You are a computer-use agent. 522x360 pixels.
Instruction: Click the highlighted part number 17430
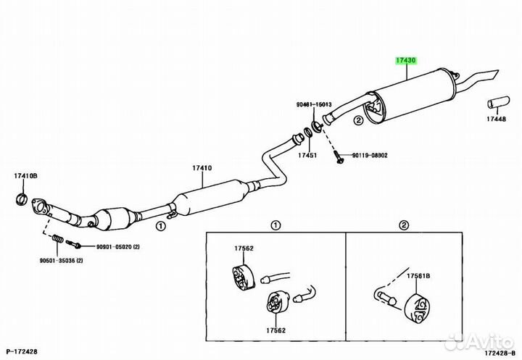tap(406, 61)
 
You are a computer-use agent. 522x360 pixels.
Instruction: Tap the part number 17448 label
tap(496, 119)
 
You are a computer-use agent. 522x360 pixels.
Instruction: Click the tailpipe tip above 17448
tap(498, 102)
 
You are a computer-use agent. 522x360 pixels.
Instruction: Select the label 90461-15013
tap(314, 104)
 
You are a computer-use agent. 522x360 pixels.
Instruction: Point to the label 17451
tap(307, 155)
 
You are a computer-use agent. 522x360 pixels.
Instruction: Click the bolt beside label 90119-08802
tap(338, 156)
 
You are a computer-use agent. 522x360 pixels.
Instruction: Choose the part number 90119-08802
tap(370, 155)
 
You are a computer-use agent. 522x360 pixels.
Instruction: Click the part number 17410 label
tap(202, 168)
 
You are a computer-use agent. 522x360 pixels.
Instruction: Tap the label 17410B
tap(25, 176)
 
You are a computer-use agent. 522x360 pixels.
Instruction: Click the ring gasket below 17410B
tap(21, 199)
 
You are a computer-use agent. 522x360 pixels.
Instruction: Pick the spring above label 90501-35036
tap(58, 239)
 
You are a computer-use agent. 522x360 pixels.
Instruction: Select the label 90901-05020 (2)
tap(118, 247)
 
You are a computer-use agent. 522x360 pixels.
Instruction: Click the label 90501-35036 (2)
tap(61, 261)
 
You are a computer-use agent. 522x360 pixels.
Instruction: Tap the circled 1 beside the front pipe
tap(160, 226)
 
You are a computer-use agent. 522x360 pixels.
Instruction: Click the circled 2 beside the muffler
tap(358, 120)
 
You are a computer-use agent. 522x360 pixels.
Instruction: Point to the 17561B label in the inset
tap(418, 276)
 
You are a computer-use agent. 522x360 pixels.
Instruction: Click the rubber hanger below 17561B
tap(416, 308)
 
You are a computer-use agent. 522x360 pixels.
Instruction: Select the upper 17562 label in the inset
tap(244, 248)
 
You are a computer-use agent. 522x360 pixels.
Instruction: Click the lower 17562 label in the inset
tap(275, 330)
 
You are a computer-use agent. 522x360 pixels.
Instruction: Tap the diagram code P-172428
tap(22, 351)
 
